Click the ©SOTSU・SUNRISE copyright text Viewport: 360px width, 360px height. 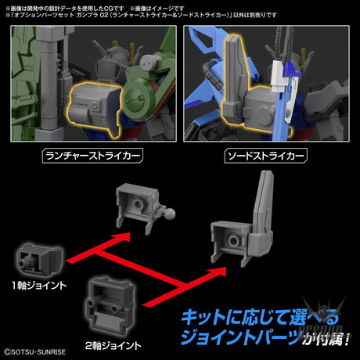(x=41, y=351)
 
